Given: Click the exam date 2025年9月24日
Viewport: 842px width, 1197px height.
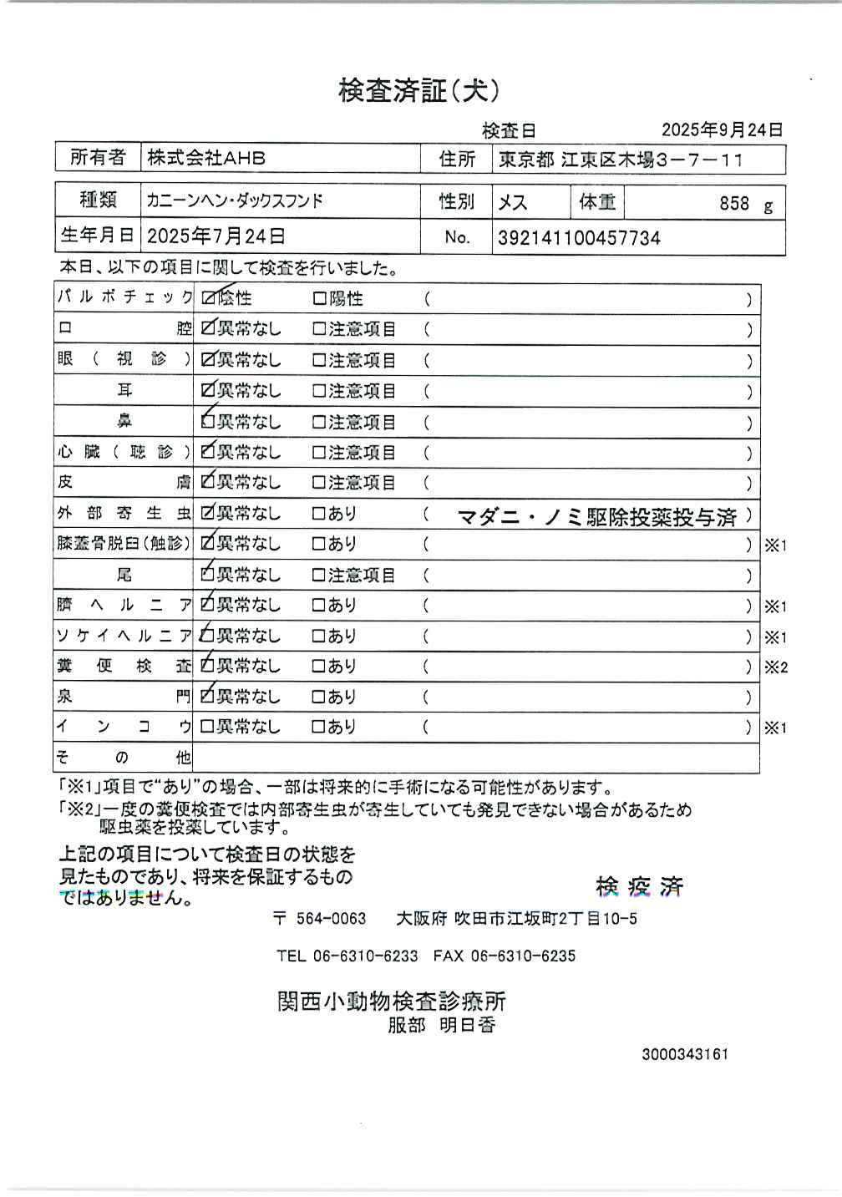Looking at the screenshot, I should pos(722,129).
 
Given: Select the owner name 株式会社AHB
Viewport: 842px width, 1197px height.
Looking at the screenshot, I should pos(206,157).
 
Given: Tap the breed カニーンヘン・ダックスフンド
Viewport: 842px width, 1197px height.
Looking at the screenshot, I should pos(235,201).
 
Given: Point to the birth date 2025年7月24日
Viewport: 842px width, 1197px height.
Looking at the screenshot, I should pos(216,236).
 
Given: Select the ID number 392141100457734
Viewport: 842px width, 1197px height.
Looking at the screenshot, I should pos(579,238).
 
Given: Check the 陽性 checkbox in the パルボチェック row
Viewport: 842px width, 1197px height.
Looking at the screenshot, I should pos(319,298).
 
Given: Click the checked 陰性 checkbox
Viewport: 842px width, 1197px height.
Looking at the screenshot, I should pos(208,298).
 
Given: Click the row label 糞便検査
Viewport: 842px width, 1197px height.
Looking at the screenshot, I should pos(124,667).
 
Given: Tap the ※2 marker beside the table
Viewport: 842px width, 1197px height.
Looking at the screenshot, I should pos(775,667).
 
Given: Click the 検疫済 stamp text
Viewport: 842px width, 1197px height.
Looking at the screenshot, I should pos(639,886).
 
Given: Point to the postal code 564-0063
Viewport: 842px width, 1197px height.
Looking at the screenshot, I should pos(331,919).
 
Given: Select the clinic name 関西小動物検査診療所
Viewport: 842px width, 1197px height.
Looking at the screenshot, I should pos(391,1001).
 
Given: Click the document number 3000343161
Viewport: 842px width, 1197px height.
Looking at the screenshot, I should pos(685,1054).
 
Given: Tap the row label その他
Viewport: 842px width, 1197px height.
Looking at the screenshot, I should pos(124,758).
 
